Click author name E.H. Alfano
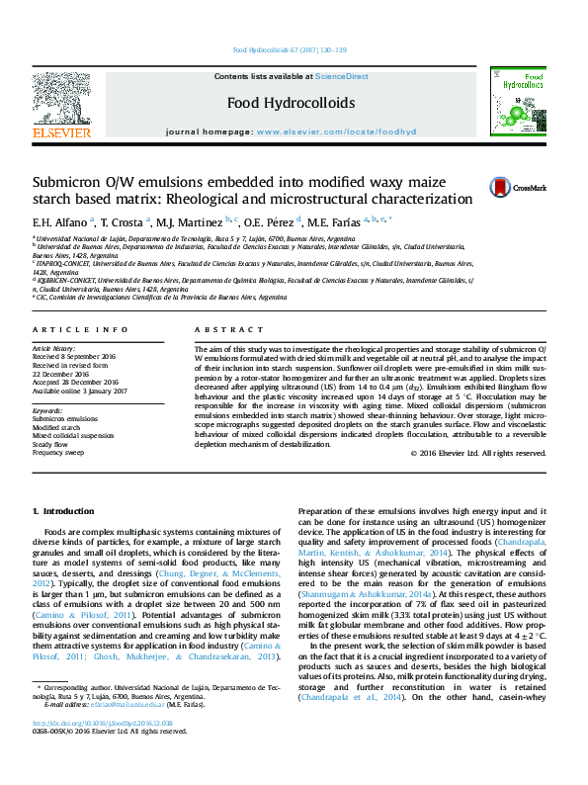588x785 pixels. click(60, 219)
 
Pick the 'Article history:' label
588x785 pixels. click(54, 349)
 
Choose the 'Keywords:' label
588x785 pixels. click(47, 409)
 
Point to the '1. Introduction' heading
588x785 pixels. click(63, 511)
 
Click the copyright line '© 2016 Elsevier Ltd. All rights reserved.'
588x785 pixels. click(478, 453)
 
